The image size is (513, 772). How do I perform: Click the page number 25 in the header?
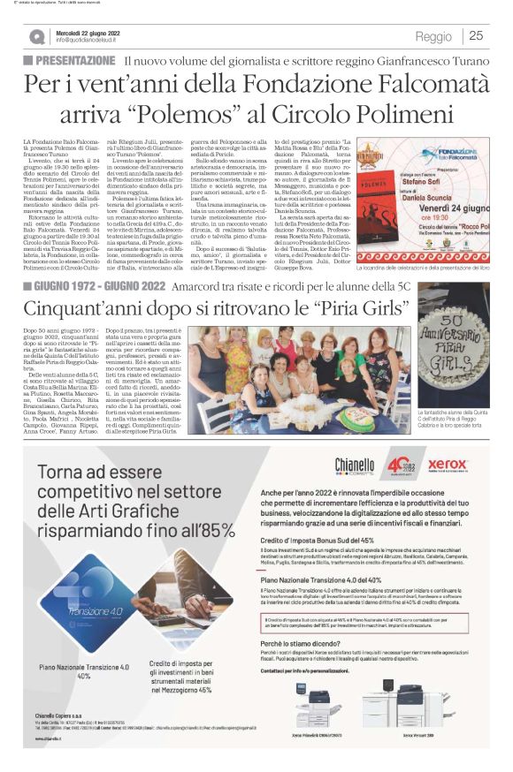click(476, 35)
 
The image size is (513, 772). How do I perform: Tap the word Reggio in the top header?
click(434, 35)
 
